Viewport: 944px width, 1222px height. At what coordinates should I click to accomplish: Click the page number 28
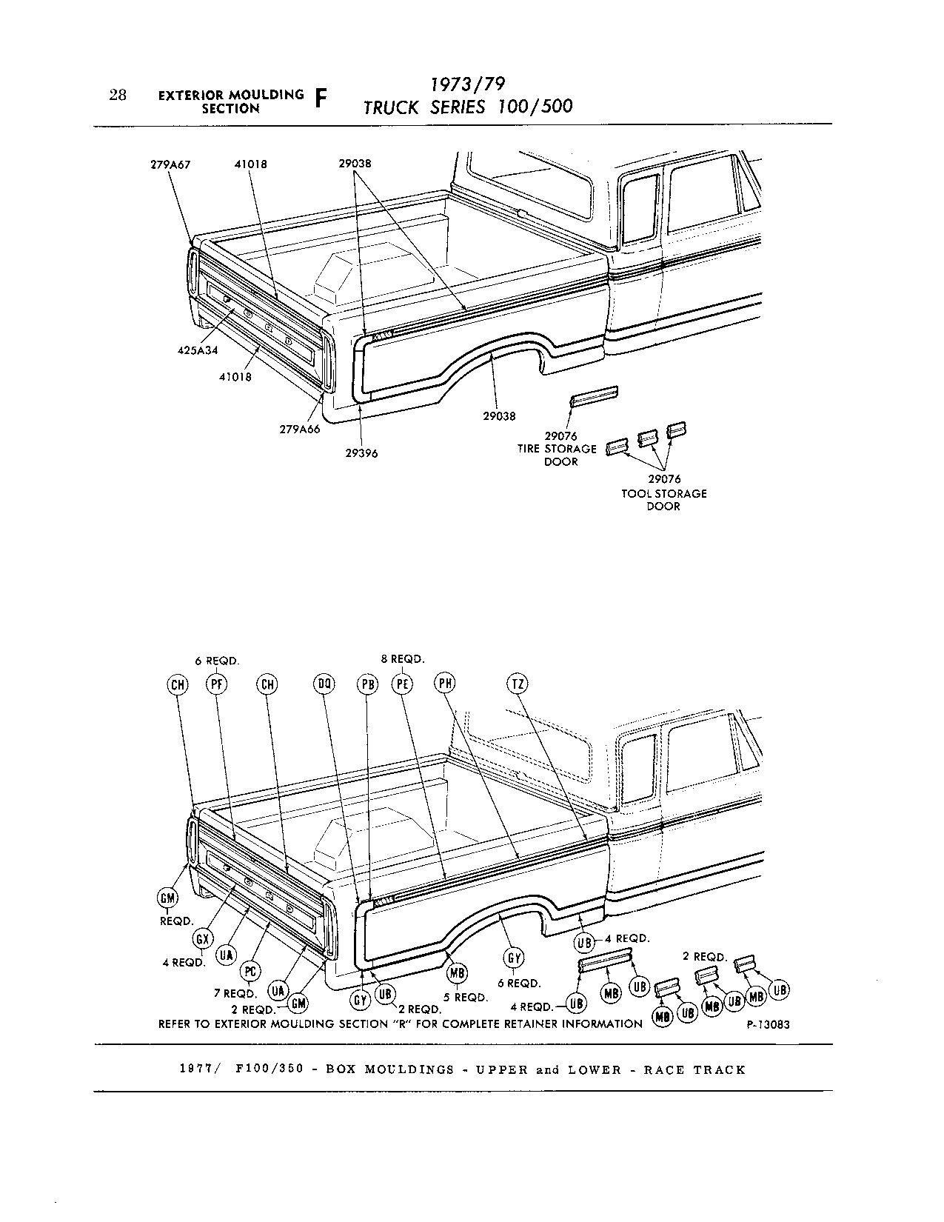coord(118,95)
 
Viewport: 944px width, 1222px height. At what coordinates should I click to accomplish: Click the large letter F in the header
coord(321,100)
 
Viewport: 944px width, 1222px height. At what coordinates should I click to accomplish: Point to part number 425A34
coord(198,351)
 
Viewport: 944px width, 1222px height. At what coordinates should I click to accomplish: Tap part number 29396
coord(361,453)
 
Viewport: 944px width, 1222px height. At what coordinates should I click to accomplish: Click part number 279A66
coord(300,429)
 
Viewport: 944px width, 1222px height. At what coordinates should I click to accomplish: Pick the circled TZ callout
coord(518,684)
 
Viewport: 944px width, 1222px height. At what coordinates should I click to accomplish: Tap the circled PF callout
coord(217,684)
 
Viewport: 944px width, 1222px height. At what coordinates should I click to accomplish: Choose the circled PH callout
coord(444,684)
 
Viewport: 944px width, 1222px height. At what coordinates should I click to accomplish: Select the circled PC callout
coord(251,971)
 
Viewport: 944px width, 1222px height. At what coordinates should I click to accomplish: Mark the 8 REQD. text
coord(402,658)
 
